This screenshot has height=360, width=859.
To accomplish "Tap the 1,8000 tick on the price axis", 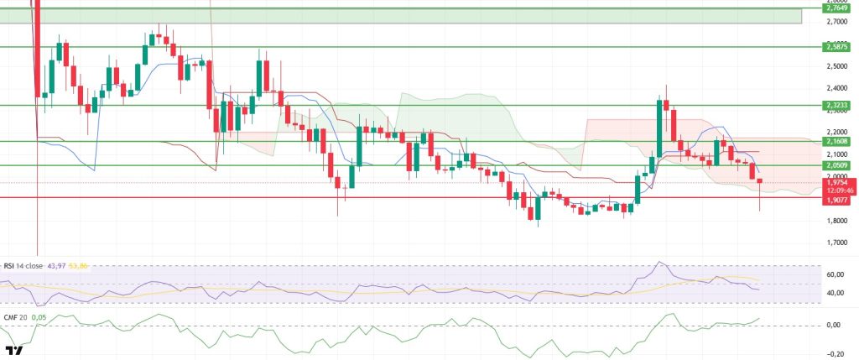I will (x=836, y=221).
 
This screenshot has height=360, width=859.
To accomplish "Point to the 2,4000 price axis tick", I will (x=836, y=88).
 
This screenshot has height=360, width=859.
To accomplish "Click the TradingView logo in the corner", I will (x=13, y=351).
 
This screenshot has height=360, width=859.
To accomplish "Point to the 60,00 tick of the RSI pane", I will (x=835, y=274).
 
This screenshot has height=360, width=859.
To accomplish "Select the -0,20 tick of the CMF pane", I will (x=835, y=354).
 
